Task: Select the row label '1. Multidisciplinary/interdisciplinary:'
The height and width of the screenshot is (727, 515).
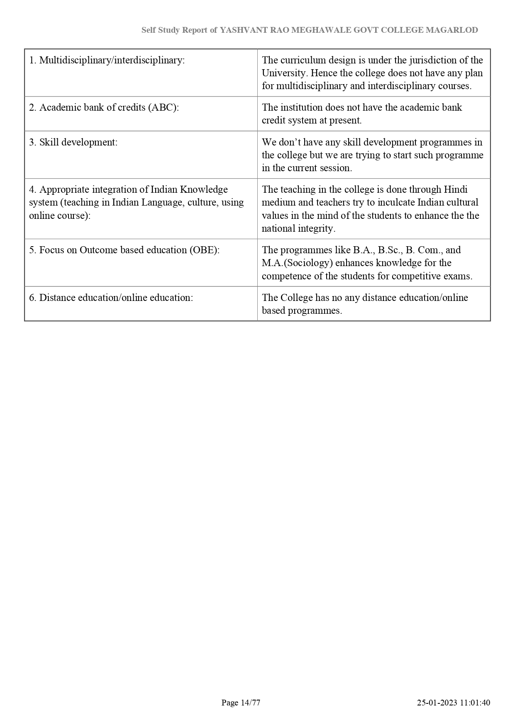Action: click(x=107, y=60)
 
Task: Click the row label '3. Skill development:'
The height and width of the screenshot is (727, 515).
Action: click(x=73, y=142)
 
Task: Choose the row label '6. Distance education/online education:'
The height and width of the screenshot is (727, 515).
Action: click(x=111, y=298)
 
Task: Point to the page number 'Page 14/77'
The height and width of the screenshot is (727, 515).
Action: click(x=241, y=703)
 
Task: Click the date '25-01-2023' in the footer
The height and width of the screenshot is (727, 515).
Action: click(x=437, y=703)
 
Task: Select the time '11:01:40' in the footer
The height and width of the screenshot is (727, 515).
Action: click(x=475, y=703)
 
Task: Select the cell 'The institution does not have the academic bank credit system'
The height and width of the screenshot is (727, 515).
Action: click(x=362, y=114)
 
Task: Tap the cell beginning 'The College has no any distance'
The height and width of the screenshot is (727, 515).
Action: click(x=365, y=304)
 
